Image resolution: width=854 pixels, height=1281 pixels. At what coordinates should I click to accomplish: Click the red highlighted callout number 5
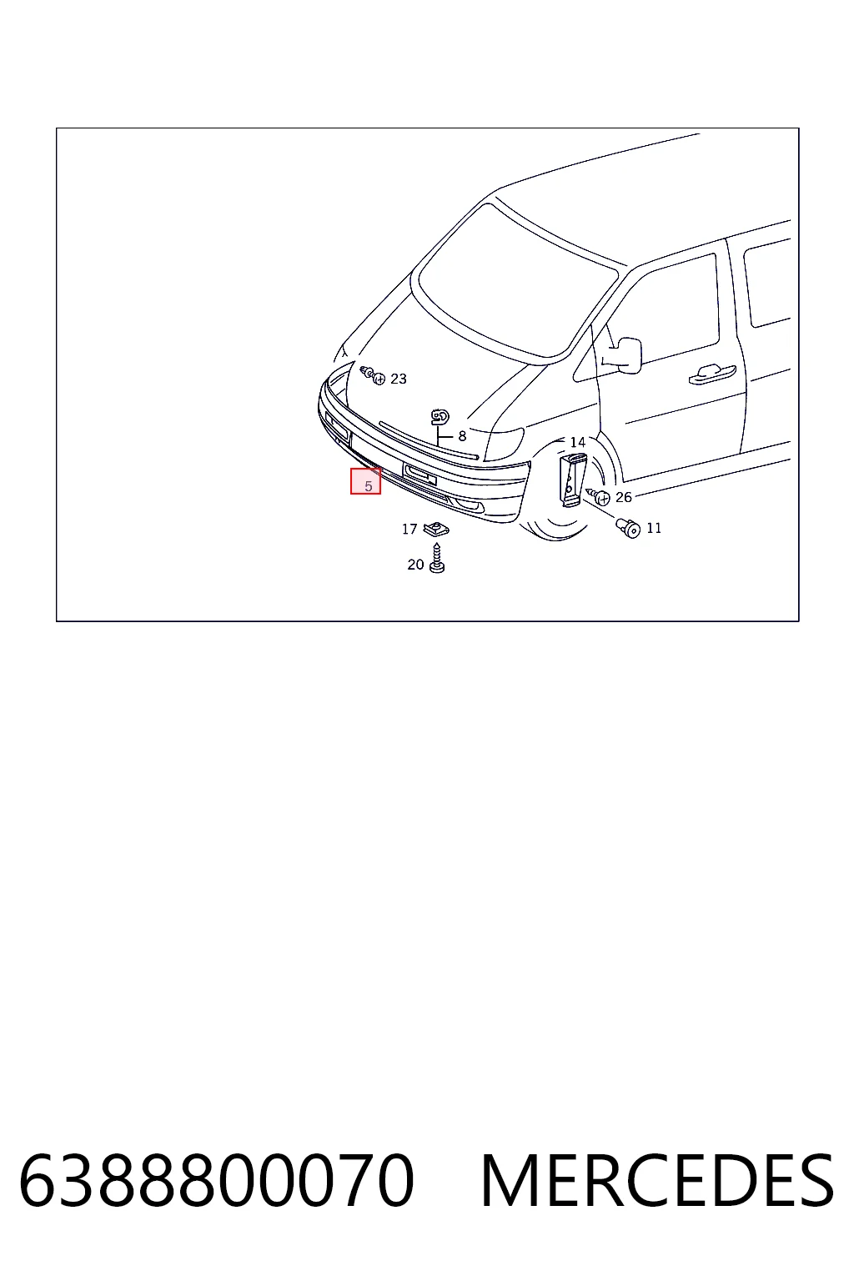tap(368, 486)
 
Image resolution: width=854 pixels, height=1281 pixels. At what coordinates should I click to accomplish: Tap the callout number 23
tap(398, 379)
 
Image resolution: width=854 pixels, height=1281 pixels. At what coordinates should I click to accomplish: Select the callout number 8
tap(461, 436)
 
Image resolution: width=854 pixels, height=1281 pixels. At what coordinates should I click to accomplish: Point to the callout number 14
tap(578, 442)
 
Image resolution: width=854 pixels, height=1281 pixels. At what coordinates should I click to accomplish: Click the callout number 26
tap(624, 497)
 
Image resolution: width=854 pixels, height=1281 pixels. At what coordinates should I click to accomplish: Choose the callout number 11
tap(654, 528)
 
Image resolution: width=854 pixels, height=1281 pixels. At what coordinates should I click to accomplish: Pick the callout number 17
tap(409, 530)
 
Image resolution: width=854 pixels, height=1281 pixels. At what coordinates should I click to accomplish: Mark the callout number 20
tap(415, 565)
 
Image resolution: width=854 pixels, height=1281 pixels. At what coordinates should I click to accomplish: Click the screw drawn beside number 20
tap(438, 558)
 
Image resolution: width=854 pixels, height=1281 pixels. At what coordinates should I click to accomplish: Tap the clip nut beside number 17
tap(436, 529)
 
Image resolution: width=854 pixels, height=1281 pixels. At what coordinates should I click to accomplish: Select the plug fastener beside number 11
tap(628, 529)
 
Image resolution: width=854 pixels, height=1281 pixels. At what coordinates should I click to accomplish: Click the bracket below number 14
tap(573, 480)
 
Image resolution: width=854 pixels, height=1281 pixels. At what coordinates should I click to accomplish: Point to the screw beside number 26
tap(598, 496)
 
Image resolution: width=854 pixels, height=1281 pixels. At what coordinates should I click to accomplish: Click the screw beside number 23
tap(373, 375)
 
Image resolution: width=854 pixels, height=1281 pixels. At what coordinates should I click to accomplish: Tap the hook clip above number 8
tap(440, 417)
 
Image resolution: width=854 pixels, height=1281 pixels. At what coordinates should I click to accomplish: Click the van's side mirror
tap(625, 354)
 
